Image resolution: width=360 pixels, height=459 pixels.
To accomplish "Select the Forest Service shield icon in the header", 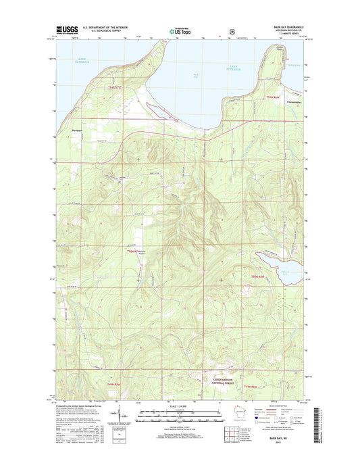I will pos(232,30).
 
